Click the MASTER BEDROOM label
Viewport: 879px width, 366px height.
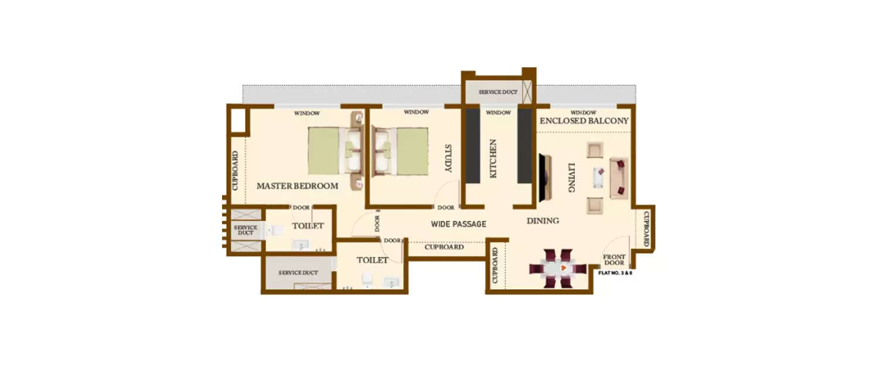click(x=297, y=186)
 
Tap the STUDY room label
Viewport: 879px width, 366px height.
click(x=448, y=158)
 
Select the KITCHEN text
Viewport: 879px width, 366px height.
click(x=493, y=159)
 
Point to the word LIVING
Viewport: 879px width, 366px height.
click(x=570, y=178)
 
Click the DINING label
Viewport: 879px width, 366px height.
click(x=542, y=221)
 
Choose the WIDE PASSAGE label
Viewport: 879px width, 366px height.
click(x=458, y=224)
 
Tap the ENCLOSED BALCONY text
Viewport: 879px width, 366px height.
click(x=584, y=121)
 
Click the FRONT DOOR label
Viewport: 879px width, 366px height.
click(x=614, y=260)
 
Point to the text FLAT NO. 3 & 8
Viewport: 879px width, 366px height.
click(x=615, y=273)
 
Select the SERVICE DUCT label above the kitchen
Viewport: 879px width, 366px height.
click(x=498, y=93)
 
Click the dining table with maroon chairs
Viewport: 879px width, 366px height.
click(x=557, y=269)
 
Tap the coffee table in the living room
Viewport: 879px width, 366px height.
click(x=598, y=177)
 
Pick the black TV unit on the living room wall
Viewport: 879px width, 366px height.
click(x=544, y=178)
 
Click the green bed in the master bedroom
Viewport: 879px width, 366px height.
click(x=323, y=151)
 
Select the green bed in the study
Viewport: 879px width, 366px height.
click(x=413, y=151)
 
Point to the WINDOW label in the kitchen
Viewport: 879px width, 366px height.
click(x=498, y=112)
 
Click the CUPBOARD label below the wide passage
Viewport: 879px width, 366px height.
click(x=444, y=247)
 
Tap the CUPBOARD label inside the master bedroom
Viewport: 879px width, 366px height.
click(x=235, y=171)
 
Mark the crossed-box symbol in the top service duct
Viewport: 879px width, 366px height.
click(x=529, y=93)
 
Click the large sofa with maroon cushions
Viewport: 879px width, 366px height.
click(x=619, y=178)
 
